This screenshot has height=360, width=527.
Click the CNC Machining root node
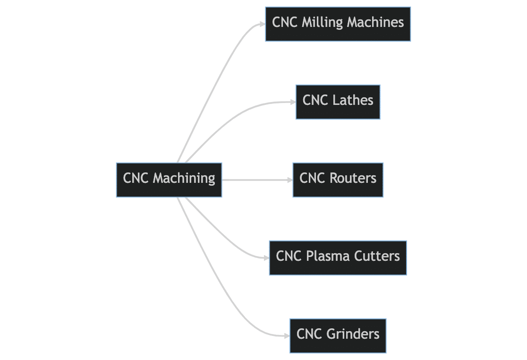pos(169,180)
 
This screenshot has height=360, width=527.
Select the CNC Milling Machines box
pos(338,24)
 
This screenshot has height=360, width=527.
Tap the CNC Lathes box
pos(338,102)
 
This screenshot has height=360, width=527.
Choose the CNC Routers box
pos(338,180)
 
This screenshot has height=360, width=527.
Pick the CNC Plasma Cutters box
pos(338,258)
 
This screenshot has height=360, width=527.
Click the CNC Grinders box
pos(338,336)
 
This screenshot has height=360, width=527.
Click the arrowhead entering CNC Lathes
pos(293,102)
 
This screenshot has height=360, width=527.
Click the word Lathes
pos(353,101)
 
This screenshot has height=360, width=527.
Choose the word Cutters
pos(377,257)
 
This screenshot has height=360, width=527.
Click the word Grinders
pos(353,334)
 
